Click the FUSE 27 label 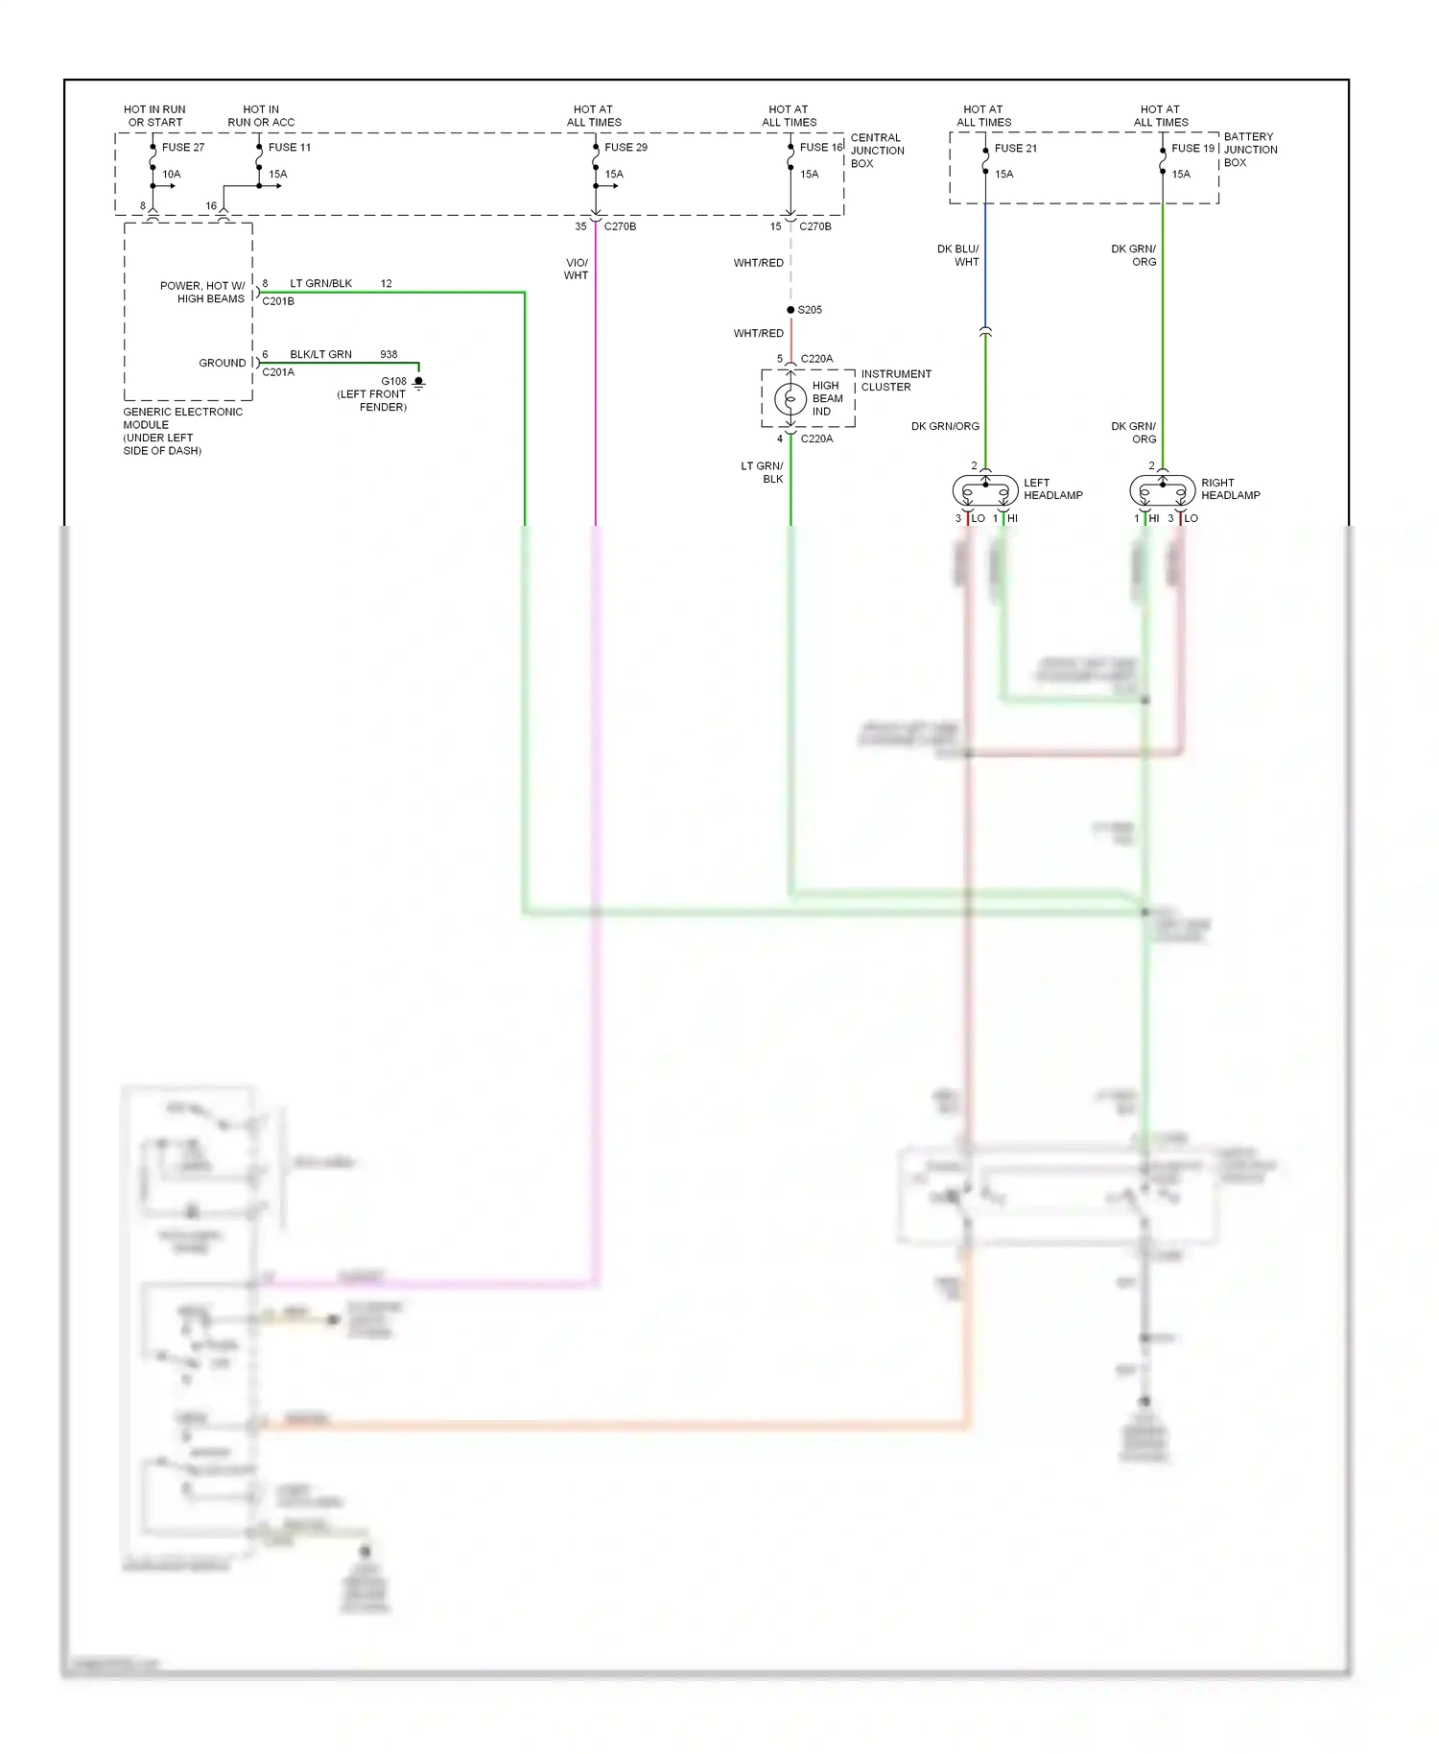click(x=182, y=147)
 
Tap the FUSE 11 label click(x=289, y=147)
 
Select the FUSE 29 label click(x=625, y=147)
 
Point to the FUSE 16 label click(x=820, y=147)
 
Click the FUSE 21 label click(x=1015, y=148)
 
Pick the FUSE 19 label click(x=1192, y=148)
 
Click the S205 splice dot click(x=790, y=310)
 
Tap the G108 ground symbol click(x=418, y=383)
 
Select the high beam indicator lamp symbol click(x=790, y=398)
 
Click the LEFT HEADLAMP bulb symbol click(x=985, y=491)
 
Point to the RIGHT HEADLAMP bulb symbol click(x=1163, y=491)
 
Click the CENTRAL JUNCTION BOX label click(x=877, y=151)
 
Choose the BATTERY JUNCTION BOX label click(x=1250, y=150)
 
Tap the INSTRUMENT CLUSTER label click(x=895, y=380)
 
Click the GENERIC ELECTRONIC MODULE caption click(x=181, y=431)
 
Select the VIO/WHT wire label click(x=576, y=269)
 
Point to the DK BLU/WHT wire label click(x=958, y=255)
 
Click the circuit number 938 click(x=389, y=354)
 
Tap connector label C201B click(x=278, y=301)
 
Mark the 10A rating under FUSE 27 click(x=171, y=174)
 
